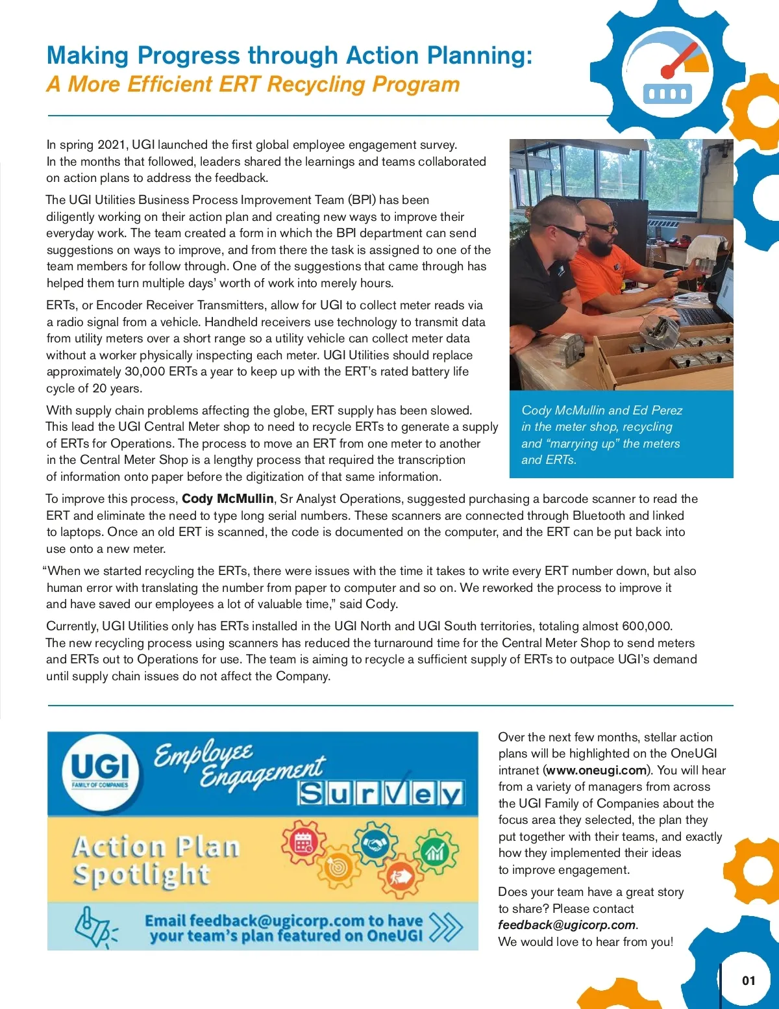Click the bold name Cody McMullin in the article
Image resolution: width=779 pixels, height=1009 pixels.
227,499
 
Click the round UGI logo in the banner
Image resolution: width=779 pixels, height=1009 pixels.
100,771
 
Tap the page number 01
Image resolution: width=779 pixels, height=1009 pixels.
748,980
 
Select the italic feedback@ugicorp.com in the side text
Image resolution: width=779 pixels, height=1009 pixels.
566,925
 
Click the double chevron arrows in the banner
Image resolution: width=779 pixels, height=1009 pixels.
446,927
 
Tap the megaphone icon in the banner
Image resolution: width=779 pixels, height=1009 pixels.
95,926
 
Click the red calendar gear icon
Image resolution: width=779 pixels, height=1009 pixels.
303,843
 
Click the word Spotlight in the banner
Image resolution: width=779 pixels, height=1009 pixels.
142,875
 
